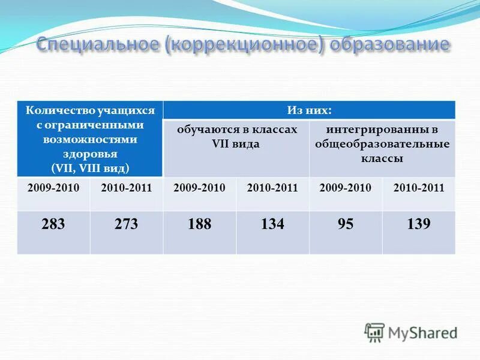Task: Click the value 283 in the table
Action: click(x=53, y=224)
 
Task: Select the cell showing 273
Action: click(x=126, y=224)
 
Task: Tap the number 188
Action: click(x=199, y=224)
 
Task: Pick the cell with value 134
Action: click(x=272, y=224)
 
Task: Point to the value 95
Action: click(x=346, y=224)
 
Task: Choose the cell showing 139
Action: click(x=419, y=224)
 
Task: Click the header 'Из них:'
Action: click(x=309, y=110)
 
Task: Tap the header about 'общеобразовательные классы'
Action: click(x=382, y=145)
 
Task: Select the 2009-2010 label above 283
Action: click(x=53, y=188)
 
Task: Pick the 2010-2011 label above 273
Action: click(x=126, y=188)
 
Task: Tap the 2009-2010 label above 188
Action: click(x=199, y=188)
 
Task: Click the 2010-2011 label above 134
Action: click(x=272, y=188)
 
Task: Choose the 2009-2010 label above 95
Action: click(x=346, y=188)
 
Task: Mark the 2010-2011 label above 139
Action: click(x=419, y=188)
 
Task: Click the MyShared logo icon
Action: click(x=374, y=332)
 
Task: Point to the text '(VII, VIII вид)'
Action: click(x=91, y=167)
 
